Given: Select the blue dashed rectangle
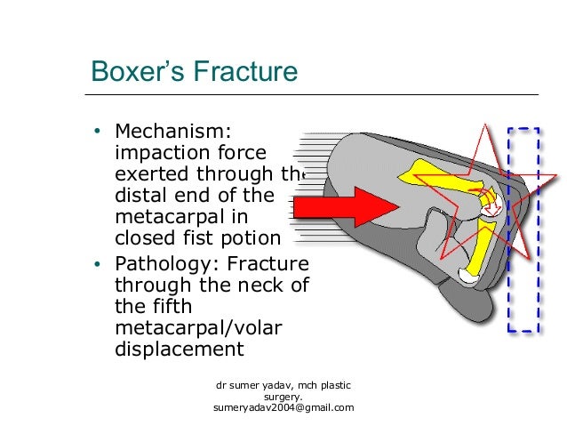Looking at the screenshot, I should coord(523,230).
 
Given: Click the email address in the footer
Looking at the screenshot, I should coord(283,407).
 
